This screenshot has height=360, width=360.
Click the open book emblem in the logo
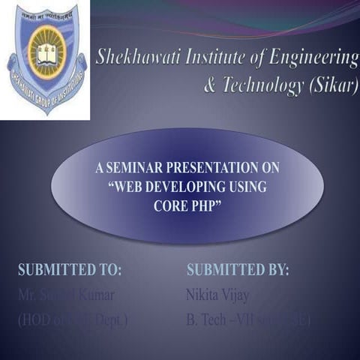tap(46, 55)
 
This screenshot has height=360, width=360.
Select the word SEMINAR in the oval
tap(136, 169)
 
